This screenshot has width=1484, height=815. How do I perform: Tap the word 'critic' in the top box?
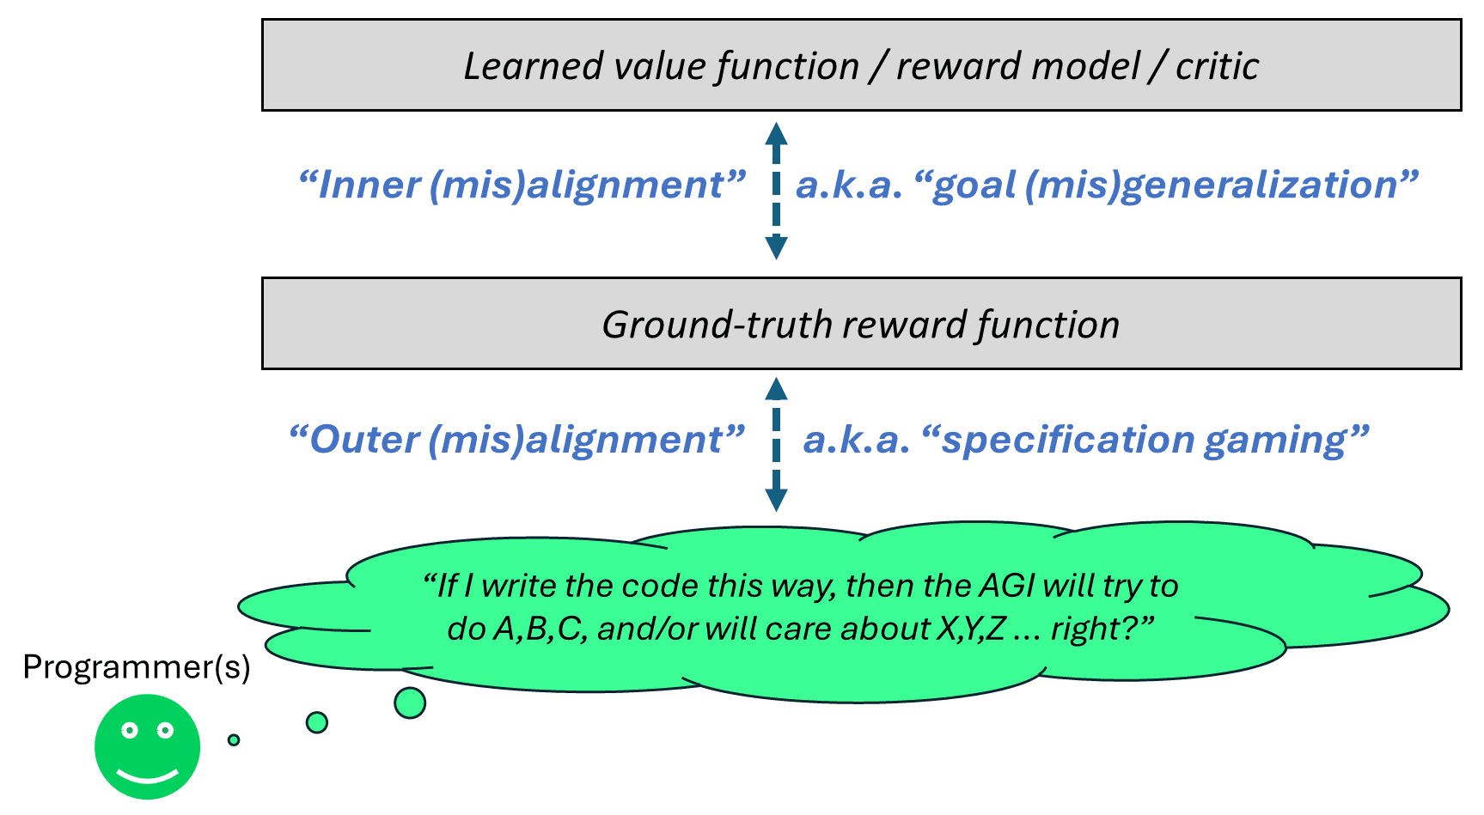click(x=1217, y=66)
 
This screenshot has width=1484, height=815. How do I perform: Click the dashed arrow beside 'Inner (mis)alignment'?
click(x=776, y=191)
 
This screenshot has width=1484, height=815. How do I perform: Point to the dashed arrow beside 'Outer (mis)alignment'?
click(x=776, y=445)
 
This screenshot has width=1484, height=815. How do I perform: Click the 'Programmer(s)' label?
click(x=137, y=667)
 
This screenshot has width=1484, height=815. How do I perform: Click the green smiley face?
click(x=148, y=746)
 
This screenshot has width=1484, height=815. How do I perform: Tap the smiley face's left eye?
click(x=130, y=730)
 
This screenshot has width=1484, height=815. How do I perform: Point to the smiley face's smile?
click(x=148, y=776)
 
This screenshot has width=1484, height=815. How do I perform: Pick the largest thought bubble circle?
click(x=410, y=702)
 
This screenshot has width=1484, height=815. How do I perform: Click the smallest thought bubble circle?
click(x=234, y=739)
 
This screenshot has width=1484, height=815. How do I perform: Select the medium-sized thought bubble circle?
click(x=317, y=722)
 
